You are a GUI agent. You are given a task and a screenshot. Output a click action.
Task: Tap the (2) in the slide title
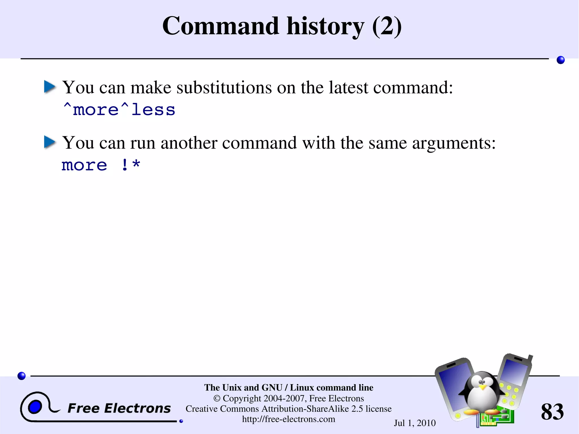pyautogui.click(x=387, y=26)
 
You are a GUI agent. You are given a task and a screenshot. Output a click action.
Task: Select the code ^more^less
pyautogui.click(x=119, y=110)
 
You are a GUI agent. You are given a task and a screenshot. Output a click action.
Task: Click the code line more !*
pyautogui.click(x=101, y=165)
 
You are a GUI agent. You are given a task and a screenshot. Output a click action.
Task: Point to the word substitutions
pyautogui.click(x=224, y=87)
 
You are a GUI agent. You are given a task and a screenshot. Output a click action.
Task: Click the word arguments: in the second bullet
pyautogui.click(x=454, y=143)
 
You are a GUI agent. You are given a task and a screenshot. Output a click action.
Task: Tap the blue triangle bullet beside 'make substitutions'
pyautogui.click(x=50, y=87)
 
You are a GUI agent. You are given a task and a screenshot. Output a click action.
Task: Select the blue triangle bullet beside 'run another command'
pyautogui.click(x=50, y=142)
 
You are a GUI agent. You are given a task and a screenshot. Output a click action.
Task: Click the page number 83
pyautogui.click(x=552, y=412)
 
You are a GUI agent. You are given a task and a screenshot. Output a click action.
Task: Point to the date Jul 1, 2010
pyautogui.click(x=415, y=423)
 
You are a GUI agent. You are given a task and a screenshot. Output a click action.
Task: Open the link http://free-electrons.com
pyautogui.click(x=289, y=419)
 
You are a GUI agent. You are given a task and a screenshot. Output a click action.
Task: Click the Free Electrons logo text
pyautogui.click(x=119, y=408)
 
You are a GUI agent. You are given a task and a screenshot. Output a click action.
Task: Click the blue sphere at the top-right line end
pyautogui.click(x=560, y=60)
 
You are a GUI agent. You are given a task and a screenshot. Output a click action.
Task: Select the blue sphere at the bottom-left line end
pyautogui.click(x=21, y=376)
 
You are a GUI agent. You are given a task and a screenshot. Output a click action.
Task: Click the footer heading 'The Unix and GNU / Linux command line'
pyautogui.click(x=289, y=388)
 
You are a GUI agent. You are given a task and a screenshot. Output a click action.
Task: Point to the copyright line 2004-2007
pyautogui.click(x=289, y=398)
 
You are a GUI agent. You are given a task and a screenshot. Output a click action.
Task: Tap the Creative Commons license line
pyautogui.click(x=289, y=409)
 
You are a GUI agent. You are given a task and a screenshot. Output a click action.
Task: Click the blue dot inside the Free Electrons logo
pyautogui.click(x=35, y=407)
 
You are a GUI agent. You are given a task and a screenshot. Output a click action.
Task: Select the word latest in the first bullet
pyautogui.click(x=348, y=87)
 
